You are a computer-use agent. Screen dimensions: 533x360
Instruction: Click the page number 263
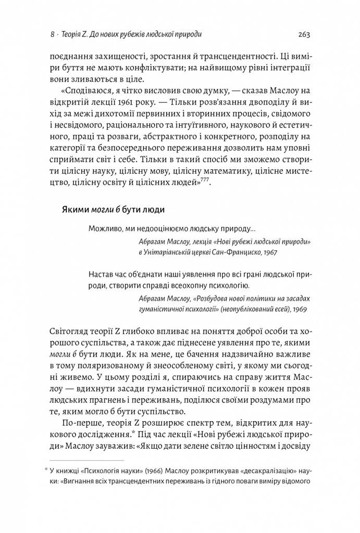(x=304, y=35)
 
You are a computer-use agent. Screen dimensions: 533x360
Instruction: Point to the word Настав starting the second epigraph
(x=101, y=274)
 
